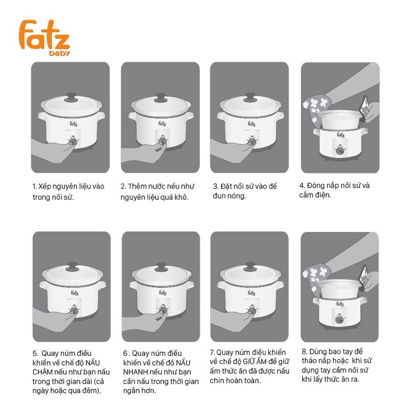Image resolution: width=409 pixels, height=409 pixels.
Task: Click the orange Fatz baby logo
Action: coord(44,38)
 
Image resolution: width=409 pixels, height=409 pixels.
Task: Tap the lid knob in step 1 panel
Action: coord(71,97)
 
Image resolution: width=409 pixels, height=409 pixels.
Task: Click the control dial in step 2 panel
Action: coord(163,142)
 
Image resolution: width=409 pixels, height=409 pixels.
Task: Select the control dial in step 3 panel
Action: coord(252,142)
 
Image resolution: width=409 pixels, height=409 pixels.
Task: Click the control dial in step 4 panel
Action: coord(339,150)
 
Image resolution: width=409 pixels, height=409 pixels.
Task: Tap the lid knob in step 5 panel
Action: coord(72,266)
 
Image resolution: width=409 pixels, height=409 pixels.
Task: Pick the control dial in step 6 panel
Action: coord(163,310)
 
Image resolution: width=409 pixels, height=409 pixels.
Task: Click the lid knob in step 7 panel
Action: coord(251,266)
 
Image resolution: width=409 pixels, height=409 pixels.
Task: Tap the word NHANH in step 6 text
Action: coord(134,372)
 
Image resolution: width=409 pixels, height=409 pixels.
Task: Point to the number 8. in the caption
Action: coord(304,352)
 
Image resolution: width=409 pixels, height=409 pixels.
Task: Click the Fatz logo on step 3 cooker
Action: coord(252,124)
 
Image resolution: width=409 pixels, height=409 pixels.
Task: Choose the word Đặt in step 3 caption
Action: coord(226,186)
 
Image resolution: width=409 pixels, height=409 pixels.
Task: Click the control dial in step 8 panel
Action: coord(339,320)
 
